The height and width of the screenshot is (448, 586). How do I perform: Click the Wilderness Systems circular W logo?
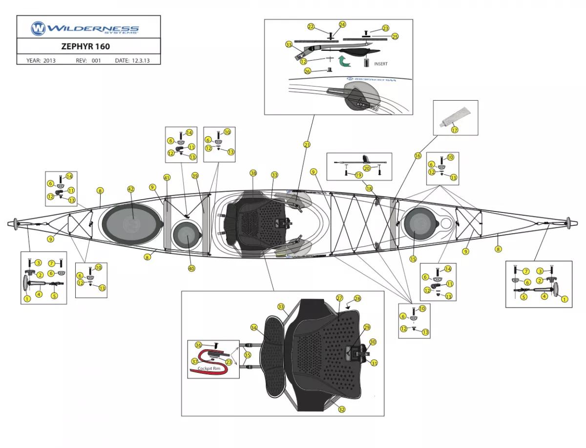38,28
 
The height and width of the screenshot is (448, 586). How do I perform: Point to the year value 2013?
49,61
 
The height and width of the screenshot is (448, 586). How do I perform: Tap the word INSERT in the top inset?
381,64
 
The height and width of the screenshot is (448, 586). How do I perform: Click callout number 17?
455,130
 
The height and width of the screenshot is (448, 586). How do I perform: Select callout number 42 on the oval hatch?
130,189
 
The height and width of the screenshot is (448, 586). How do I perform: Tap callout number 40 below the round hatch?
191,268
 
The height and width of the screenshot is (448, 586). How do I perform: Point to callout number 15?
413,259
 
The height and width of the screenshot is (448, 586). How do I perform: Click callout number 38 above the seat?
253,173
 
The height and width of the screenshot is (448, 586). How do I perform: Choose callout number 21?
307,145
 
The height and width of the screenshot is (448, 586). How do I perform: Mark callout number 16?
418,156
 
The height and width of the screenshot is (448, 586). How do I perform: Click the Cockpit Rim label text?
208,369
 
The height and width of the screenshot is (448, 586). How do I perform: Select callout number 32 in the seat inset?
342,409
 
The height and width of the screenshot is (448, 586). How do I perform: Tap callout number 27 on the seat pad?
340,298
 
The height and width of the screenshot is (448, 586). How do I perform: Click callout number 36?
198,345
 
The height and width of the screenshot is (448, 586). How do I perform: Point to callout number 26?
307,71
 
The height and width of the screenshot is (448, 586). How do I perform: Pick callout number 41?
167,177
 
